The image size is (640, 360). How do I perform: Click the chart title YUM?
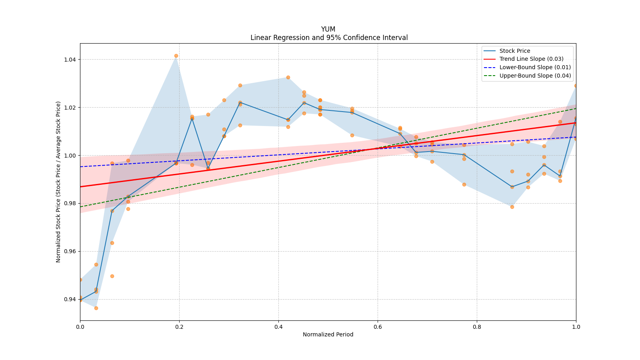[328, 29]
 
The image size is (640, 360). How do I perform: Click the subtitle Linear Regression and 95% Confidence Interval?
[329, 38]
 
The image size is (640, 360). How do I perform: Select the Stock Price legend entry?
[514, 51]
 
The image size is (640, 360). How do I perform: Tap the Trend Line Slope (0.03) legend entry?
[531, 59]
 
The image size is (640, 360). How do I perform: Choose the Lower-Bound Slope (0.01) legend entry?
[535, 68]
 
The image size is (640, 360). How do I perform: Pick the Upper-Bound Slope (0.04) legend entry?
[535, 76]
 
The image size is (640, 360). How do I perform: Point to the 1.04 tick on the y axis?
[70, 60]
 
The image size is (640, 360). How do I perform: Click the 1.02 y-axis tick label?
[70, 108]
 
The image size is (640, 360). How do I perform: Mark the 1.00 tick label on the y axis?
[70, 156]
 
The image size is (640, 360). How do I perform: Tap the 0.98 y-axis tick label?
[70, 204]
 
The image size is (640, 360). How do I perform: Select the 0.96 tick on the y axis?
[70, 252]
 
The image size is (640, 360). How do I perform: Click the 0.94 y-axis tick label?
[70, 300]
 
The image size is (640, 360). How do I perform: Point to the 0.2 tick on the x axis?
[179, 327]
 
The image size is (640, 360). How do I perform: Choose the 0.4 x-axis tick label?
[278, 327]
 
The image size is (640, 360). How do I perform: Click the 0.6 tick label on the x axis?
[378, 327]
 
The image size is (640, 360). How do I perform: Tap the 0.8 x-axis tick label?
[477, 327]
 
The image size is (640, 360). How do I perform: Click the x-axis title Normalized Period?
[328, 334]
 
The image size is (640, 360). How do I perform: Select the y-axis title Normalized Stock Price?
[58, 182]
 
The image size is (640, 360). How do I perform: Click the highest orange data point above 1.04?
[176, 56]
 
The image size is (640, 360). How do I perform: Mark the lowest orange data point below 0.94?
[96, 308]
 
